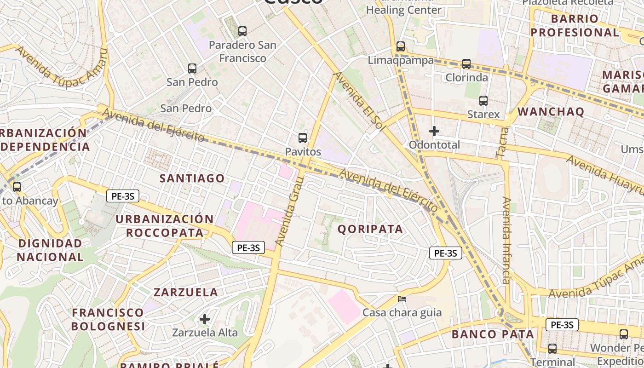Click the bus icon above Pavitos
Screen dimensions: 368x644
pyautogui.click(x=303, y=138)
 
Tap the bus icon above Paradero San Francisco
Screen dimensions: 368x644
pyautogui.click(x=242, y=31)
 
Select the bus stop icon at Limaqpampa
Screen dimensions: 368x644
pyautogui.click(x=401, y=46)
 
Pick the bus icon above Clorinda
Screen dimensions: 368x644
pyautogui.click(x=466, y=64)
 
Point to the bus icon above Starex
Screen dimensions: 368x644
pyautogui.click(x=483, y=101)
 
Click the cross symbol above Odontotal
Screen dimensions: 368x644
pyautogui.click(x=434, y=132)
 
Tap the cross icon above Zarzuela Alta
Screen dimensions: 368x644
pyautogui.click(x=205, y=319)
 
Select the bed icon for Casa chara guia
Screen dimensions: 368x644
pyautogui.click(x=402, y=299)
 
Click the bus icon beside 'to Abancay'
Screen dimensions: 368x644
pyautogui.click(x=17, y=187)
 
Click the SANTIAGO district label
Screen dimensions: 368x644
pyautogui.click(x=192, y=178)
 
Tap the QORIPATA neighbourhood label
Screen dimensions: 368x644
pyautogui.click(x=370, y=229)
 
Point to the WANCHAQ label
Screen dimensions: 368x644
pyautogui.click(x=551, y=112)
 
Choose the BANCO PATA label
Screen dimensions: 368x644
pyautogui.click(x=493, y=334)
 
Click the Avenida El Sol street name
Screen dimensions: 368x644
pyautogui.click(x=358, y=102)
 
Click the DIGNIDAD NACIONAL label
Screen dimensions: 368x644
pyautogui.click(x=50, y=250)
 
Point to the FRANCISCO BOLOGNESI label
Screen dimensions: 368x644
pyautogui.click(x=108, y=319)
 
